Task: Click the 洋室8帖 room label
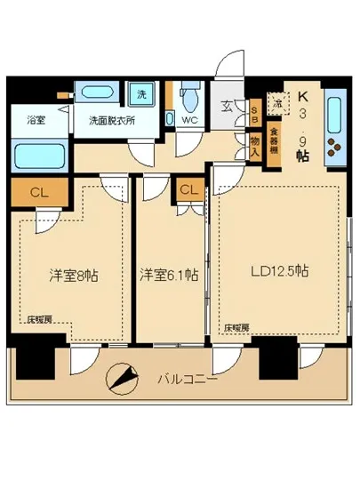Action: point(72,275)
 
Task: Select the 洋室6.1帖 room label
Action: point(169,276)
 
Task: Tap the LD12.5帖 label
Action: point(278,270)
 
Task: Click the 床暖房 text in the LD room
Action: point(236,326)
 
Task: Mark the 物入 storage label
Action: point(255,145)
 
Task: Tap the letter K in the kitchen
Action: point(304,98)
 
